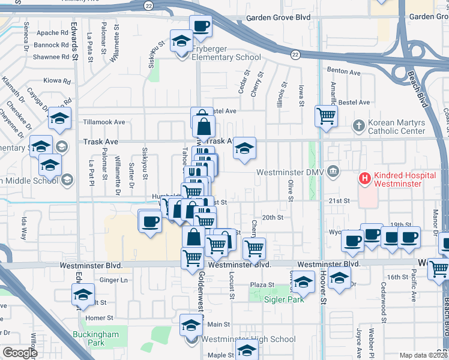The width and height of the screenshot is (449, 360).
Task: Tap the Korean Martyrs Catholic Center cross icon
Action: click(358, 126)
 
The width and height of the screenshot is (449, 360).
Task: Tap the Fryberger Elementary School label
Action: click(226, 57)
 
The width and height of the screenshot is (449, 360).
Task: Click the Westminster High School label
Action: click(240, 339)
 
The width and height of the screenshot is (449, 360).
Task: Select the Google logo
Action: click(20, 353)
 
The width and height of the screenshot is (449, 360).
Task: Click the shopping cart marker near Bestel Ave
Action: click(326, 116)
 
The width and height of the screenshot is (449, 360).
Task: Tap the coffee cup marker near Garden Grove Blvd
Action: click(200, 26)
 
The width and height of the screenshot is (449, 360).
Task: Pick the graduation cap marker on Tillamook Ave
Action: click(59, 119)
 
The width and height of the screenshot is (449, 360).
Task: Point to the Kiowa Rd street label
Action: click(57, 80)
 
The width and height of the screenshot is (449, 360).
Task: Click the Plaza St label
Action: click(262, 285)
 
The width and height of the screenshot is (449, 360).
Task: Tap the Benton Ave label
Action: click(343, 71)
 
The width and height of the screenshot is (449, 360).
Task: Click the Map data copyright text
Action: click(423, 355)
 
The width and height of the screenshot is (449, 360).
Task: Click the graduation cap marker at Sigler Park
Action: click(304, 282)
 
